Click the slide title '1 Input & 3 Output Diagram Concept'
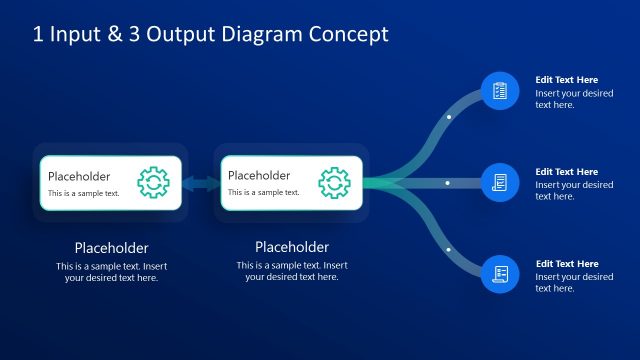[210, 35]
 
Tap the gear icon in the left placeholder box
[153, 182]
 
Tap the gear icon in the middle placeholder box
[334, 182]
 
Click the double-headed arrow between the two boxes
[200, 183]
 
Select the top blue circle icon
[500, 91]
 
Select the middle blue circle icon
[500, 183]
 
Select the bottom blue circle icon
[500, 274]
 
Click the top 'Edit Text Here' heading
[566, 80]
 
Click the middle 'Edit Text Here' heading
[566, 172]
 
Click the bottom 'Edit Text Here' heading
[566, 264]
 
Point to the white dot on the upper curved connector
[449, 117]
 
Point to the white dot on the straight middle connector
[449, 183]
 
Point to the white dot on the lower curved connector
[449, 249]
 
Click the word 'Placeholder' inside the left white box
[79, 176]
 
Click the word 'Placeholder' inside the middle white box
[259, 176]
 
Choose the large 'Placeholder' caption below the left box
[112, 248]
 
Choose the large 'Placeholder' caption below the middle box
[292, 247]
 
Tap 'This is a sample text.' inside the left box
[84, 193]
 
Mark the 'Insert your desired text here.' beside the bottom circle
[574, 282]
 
